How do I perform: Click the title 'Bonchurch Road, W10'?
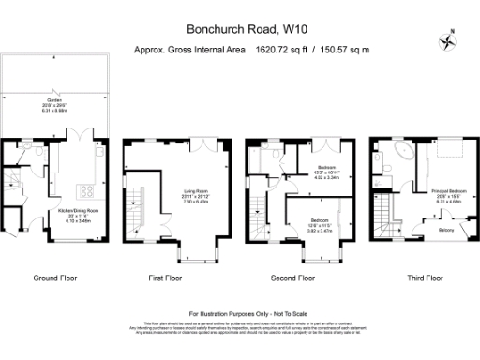[x=239, y=30]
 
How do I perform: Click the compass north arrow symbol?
[x=447, y=40]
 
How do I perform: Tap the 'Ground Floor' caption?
[x=54, y=277]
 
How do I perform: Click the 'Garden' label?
[x=53, y=98]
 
